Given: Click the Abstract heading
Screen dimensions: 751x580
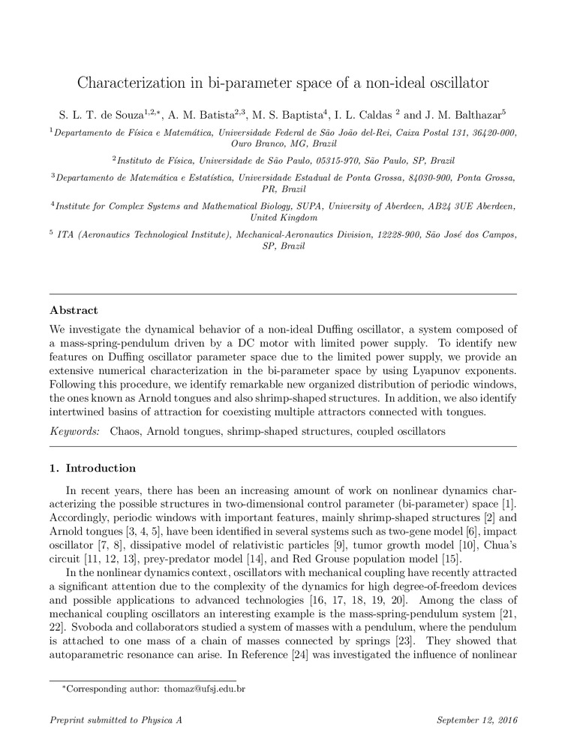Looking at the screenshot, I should (74, 309).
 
